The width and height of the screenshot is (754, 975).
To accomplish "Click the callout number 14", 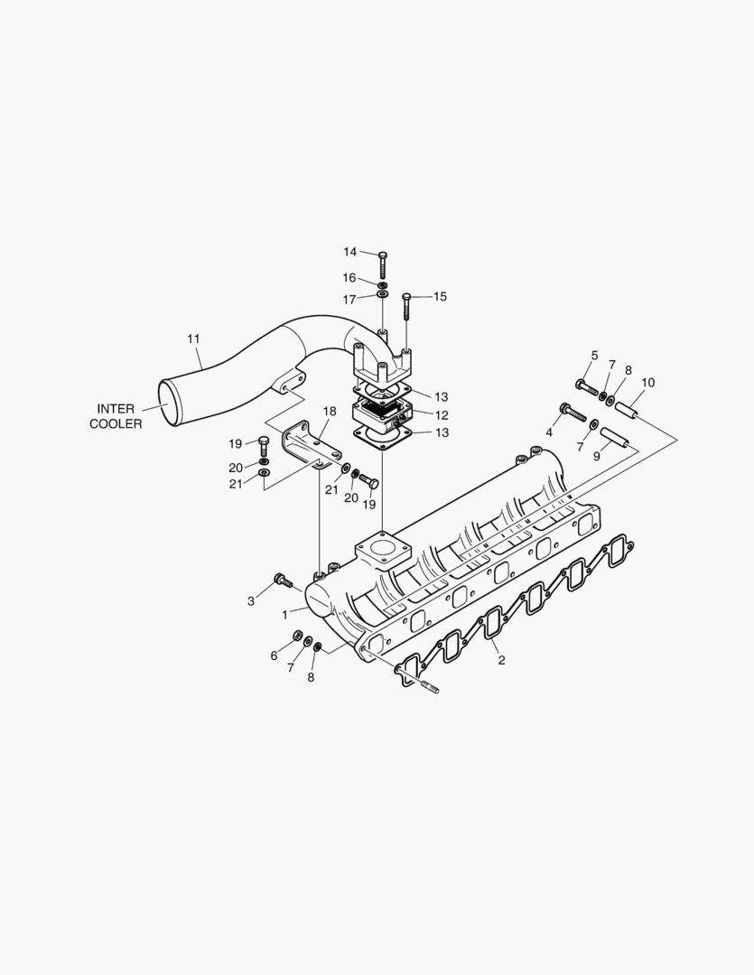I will coord(349,252).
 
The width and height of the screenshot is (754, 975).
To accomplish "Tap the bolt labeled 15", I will coord(407,307).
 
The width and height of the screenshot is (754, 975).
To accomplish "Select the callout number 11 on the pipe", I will coord(193,339).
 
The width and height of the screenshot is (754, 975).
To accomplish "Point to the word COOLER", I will coord(116,424).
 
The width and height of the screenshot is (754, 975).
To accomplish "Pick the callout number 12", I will coord(442,415).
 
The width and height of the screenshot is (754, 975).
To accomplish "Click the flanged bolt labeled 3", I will coord(282,580).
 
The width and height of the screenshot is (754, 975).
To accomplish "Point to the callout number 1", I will coord(284,614).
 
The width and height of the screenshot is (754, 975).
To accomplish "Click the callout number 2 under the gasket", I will coord(501,661).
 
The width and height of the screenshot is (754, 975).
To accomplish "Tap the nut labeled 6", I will coord(298,638).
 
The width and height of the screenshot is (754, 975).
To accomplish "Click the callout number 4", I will coord(548,433).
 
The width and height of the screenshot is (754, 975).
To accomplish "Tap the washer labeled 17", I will coord(383,294).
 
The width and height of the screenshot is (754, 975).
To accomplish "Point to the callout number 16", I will coord(349,277).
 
